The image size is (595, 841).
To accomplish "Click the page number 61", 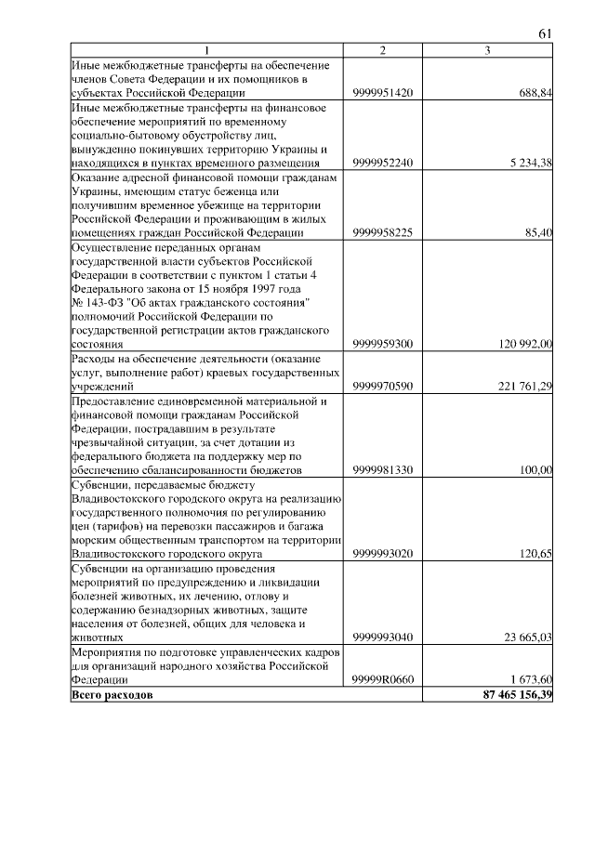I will coord(546,34).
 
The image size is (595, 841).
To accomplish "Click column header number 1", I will coord(207,50).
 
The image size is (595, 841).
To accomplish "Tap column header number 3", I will coord(487,50).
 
